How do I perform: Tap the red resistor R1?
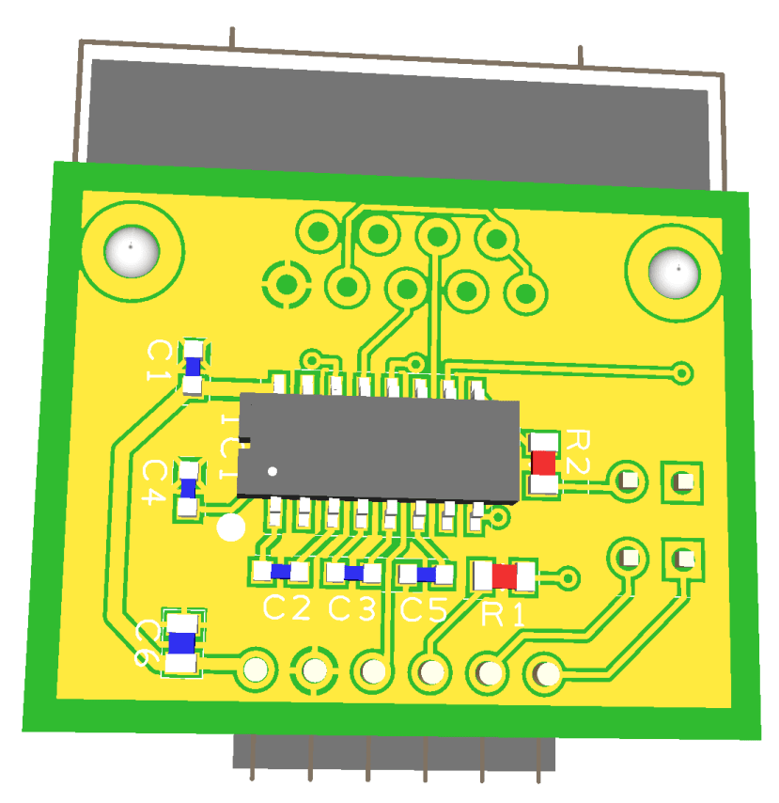pyautogui.click(x=504, y=576)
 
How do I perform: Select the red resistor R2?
pyautogui.click(x=544, y=462)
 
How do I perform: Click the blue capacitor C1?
pyautogui.click(x=193, y=366)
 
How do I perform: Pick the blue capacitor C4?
pyautogui.click(x=189, y=488)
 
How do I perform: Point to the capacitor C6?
pyautogui.click(x=181, y=642)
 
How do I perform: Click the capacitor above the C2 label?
pyautogui.click(x=280, y=571)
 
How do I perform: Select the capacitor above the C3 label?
pyautogui.click(x=354, y=572)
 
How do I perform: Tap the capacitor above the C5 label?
pyautogui.click(x=426, y=574)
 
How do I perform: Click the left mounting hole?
pyautogui.click(x=131, y=252)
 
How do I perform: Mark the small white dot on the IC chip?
pyautogui.click(x=273, y=470)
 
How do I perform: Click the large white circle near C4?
pyautogui.click(x=230, y=528)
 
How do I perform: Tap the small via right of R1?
pyautogui.click(x=568, y=577)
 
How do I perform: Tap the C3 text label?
pyautogui.click(x=352, y=609)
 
